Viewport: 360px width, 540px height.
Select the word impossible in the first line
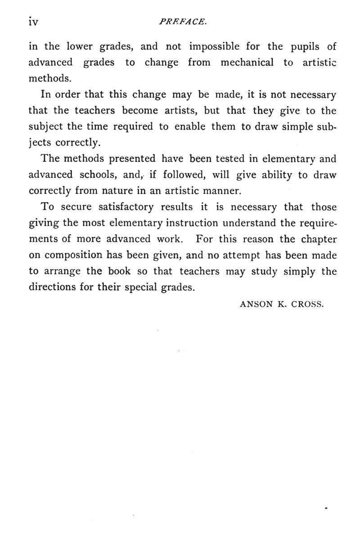(217, 47)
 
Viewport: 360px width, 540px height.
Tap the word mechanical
(247, 63)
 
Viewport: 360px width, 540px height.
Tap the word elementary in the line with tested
(283, 158)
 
